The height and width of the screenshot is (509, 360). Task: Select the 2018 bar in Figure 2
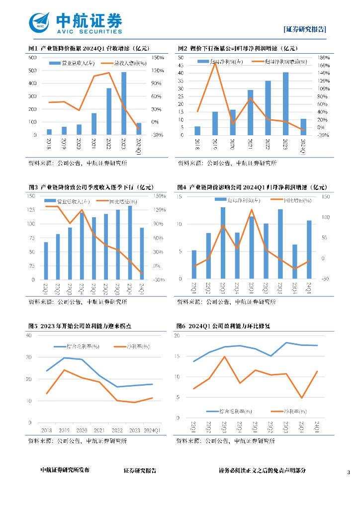(x=197, y=131)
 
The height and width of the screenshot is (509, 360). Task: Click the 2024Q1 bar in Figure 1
(x=139, y=129)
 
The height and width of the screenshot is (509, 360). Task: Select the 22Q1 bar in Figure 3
(x=46, y=261)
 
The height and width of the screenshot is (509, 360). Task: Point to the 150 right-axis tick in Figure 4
(x=326, y=197)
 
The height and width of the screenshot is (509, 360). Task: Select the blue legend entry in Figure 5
(x=77, y=346)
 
